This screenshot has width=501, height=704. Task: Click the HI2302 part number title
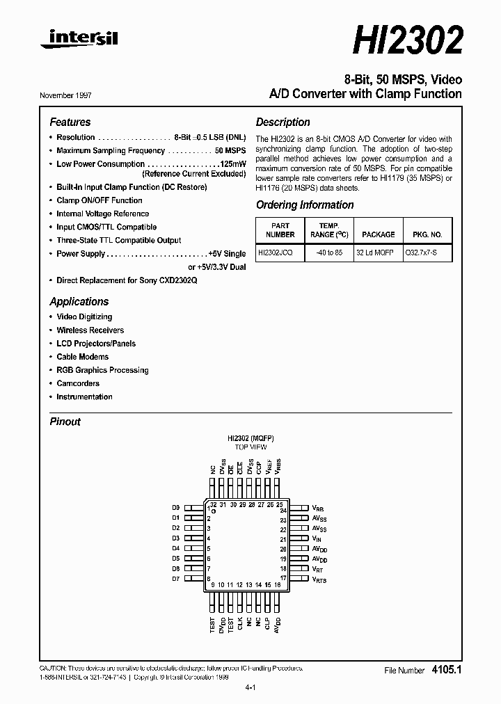(x=407, y=41)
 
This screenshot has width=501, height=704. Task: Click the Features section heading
(x=70, y=122)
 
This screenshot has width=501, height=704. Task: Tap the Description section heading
(x=283, y=122)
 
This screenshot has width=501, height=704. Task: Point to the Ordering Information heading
(x=305, y=205)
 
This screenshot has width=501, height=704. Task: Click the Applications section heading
(x=79, y=302)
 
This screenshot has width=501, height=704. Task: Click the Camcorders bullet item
(x=78, y=383)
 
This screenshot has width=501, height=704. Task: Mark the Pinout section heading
(x=65, y=422)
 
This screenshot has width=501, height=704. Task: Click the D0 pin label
(x=176, y=508)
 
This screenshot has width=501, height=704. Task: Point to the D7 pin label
(x=176, y=579)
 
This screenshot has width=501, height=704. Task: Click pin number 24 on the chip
(x=283, y=511)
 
